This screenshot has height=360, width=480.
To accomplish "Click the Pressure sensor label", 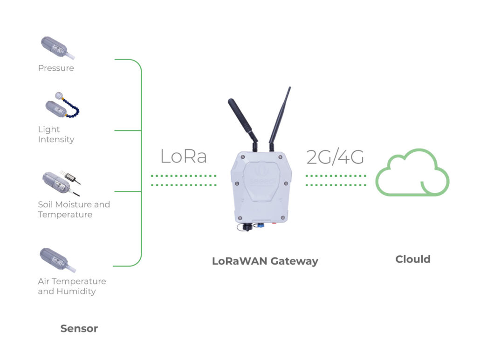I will tap(56, 68).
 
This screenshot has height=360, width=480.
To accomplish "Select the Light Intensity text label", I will tap(56, 134).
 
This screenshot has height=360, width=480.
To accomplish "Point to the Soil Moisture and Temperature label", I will tap(74, 209).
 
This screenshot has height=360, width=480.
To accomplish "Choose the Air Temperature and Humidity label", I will tap(72, 286).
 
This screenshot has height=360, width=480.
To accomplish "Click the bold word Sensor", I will tap(79, 328).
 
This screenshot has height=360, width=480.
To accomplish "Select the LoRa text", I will tap(183, 156).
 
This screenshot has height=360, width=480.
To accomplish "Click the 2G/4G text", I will tap(335, 157).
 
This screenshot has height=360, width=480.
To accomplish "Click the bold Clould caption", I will tap(413, 259).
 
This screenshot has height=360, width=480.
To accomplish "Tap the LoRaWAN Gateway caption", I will tap(265, 261).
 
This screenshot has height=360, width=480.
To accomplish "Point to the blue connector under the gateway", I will tap(261, 225).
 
